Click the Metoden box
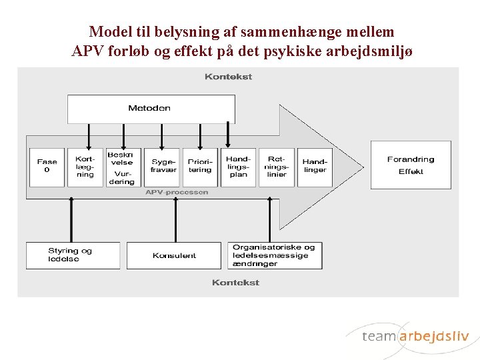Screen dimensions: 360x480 coord(151,109)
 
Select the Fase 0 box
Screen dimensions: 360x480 coord(47,167)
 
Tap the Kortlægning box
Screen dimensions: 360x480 coord(85,167)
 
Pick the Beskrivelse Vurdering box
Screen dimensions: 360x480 coord(123,167)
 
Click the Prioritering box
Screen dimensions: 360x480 coord(200,167)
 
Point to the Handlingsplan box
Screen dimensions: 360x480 coord(238,167)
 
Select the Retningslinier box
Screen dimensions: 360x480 coord(277,167)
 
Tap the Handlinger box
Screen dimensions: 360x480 coord(315,167)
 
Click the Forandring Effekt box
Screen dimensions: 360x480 coord(411,165)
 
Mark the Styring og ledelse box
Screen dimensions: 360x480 coord(73,255)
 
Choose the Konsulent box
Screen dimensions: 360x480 coord(174,255)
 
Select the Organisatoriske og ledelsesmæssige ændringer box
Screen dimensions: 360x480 coord(275,255)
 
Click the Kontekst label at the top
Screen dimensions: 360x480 coord(228,77)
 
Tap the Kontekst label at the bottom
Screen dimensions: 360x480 coord(235,283)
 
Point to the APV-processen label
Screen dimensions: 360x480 coord(177,193)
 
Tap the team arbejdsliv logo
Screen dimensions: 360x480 coord(415,336)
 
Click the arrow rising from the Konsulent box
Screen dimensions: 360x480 coord(175,220)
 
